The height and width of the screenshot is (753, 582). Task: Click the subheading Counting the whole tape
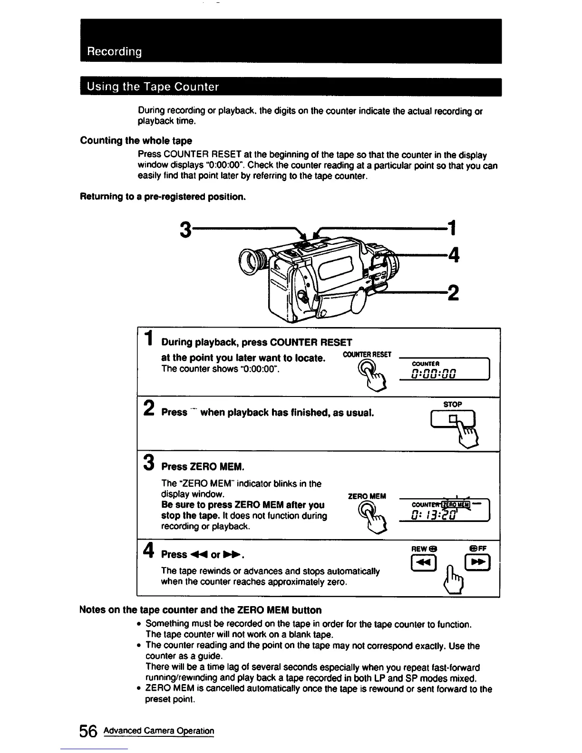tap(136, 140)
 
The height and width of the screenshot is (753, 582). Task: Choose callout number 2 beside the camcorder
tap(453, 291)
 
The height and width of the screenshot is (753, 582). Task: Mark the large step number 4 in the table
tap(149, 551)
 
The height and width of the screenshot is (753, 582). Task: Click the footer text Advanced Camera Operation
tap(159, 731)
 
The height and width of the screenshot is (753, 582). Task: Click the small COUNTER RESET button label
tap(367, 355)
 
